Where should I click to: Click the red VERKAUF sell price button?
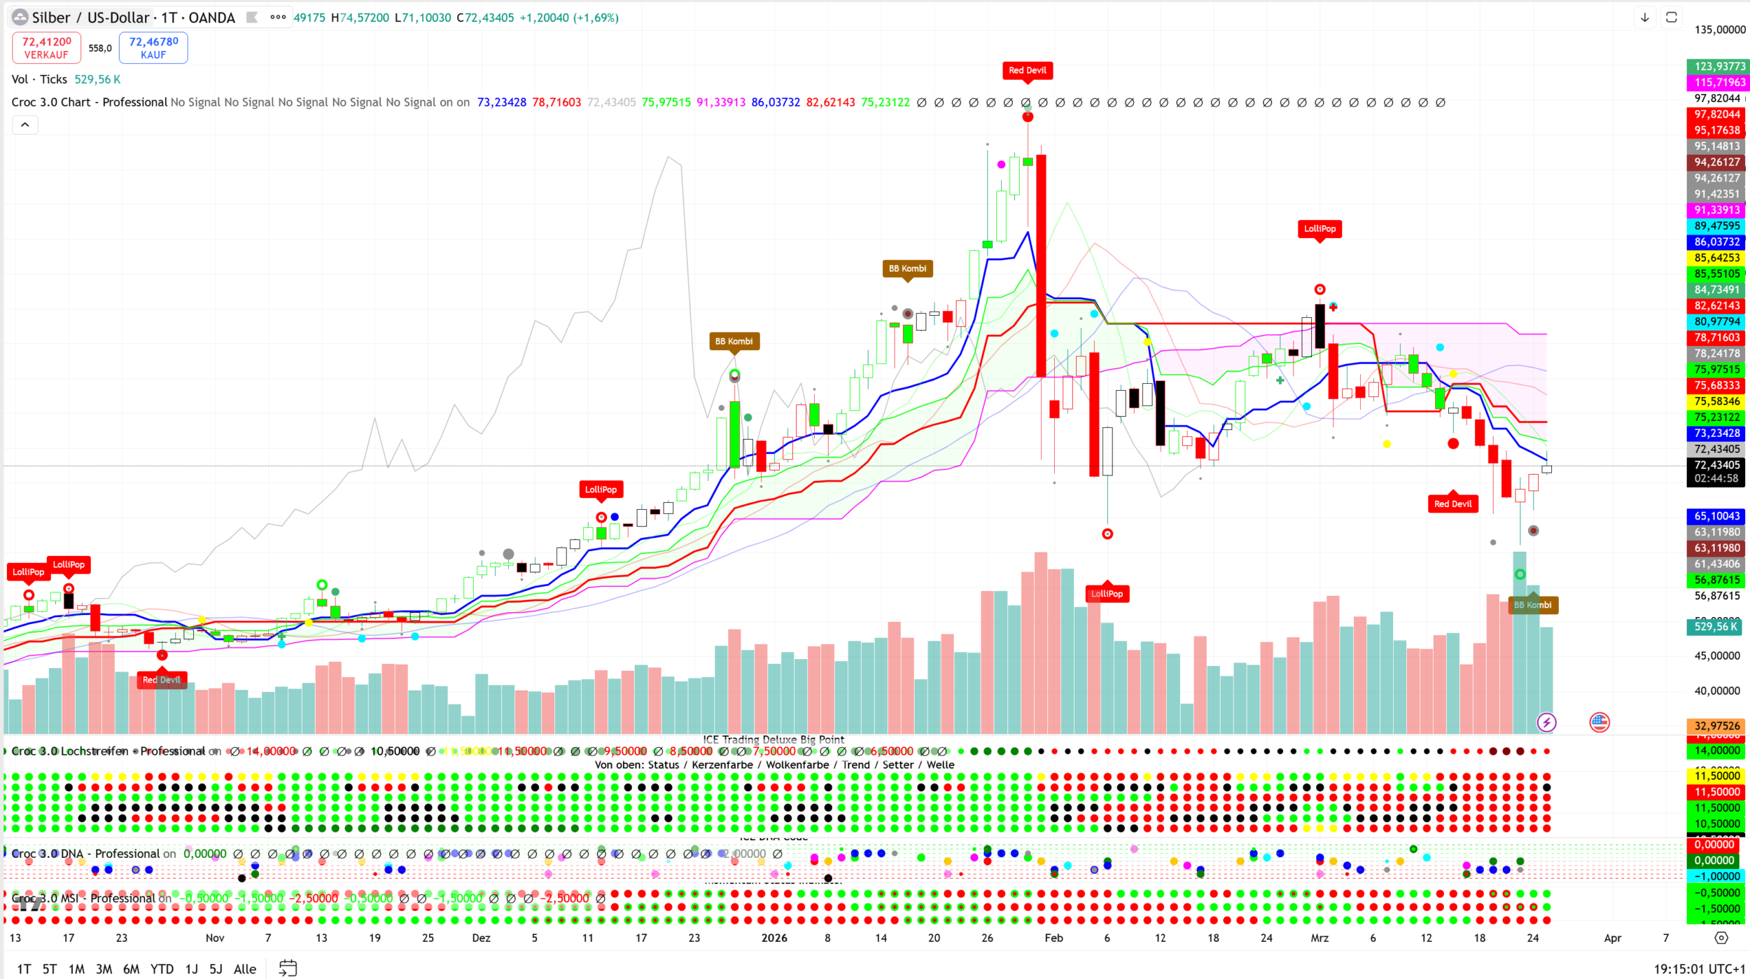tap(46, 48)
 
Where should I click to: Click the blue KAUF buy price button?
tap(153, 48)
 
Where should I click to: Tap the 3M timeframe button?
tap(104, 968)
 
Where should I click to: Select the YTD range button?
tap(162, 968)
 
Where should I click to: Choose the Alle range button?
tap(244, 968)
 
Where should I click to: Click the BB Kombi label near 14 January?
tap(907, 268)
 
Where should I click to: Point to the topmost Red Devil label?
tap(1027, 70)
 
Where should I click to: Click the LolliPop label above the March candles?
tap(1319, 228)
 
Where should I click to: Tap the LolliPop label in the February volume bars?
tap(1107, 594)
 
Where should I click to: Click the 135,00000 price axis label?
tap(1719, 29)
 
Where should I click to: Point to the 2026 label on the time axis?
tap(774, 938)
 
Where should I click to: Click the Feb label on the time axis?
tap(1053, 938)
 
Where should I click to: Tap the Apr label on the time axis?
tap(1612, 938)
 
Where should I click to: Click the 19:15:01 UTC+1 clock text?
tap(1699, 968)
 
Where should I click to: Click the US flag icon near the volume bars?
tap(1599, 722)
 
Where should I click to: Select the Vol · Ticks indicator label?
tap(39, 79)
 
